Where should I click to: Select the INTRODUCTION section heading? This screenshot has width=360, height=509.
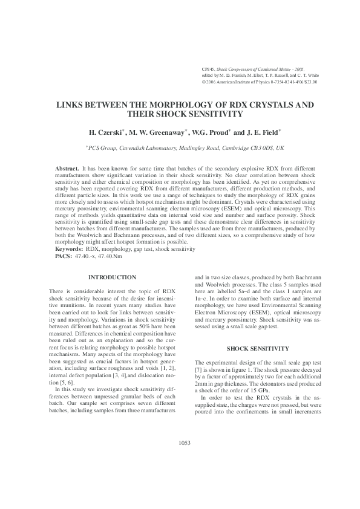click(112, 277)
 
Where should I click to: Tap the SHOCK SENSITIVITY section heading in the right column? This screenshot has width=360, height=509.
click(259, 349)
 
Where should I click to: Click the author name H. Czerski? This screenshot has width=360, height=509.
click(105, 132)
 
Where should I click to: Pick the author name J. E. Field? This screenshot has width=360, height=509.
click(261, 132)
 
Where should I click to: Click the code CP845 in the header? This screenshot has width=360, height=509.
click(209, 71)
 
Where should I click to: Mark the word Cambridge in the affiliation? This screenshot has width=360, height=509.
click(239, 147)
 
